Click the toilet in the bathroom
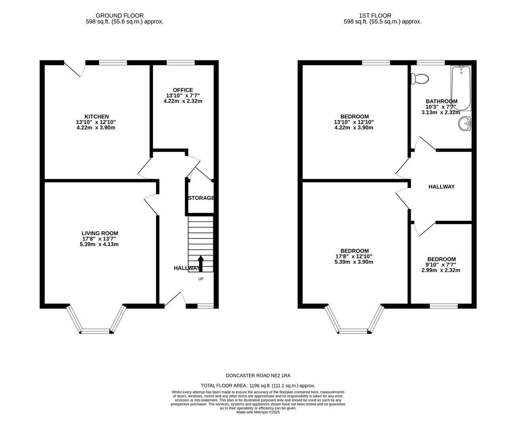tap(420, 79)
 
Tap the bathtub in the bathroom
tap(461, 88)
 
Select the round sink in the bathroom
tap(465, 123)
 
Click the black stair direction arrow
tap(201, 263)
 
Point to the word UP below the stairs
tap(201, 279)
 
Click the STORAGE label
tap(201, 198)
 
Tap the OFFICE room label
tap(183, 90)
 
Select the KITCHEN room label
tap(97, 116)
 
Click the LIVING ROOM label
tap(100, 233)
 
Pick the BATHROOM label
tap(441, 101)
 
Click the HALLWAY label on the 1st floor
tap(441, 186)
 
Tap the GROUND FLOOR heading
tap(120, 16)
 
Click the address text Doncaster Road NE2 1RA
tap(258, 375)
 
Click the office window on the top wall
tap(181, 63)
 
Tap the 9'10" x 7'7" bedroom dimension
tap(441, 265)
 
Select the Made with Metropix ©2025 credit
tap(258, 412)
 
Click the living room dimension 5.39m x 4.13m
tap(99, 244)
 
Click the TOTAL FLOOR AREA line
tap(258, 385)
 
